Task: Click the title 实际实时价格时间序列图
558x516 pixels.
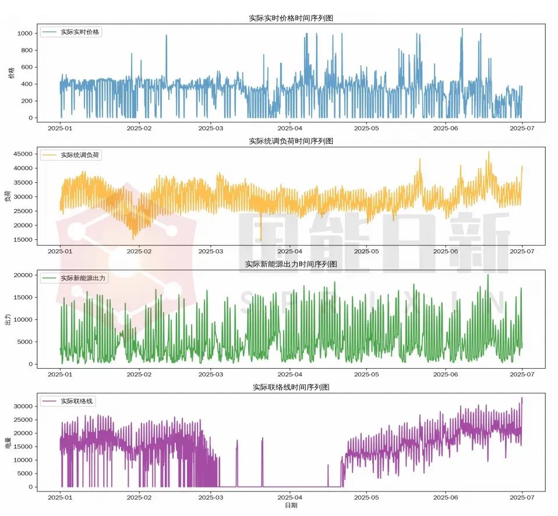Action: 291,19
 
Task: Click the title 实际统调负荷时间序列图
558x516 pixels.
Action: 291,141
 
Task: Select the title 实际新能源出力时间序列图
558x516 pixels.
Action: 291,264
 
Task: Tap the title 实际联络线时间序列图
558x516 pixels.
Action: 291,387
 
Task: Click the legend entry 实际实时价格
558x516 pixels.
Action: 80,32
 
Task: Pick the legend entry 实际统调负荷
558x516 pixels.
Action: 80,155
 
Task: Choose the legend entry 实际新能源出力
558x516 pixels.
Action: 84,278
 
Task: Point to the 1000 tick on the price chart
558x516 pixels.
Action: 24,34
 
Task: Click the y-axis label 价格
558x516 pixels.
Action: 11,73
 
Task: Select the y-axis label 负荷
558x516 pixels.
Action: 8,196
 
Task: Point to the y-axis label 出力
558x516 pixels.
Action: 8,319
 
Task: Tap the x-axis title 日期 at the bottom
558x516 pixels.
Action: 291,506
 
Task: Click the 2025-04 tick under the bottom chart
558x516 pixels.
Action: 290,498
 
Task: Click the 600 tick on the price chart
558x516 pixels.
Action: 26,68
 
